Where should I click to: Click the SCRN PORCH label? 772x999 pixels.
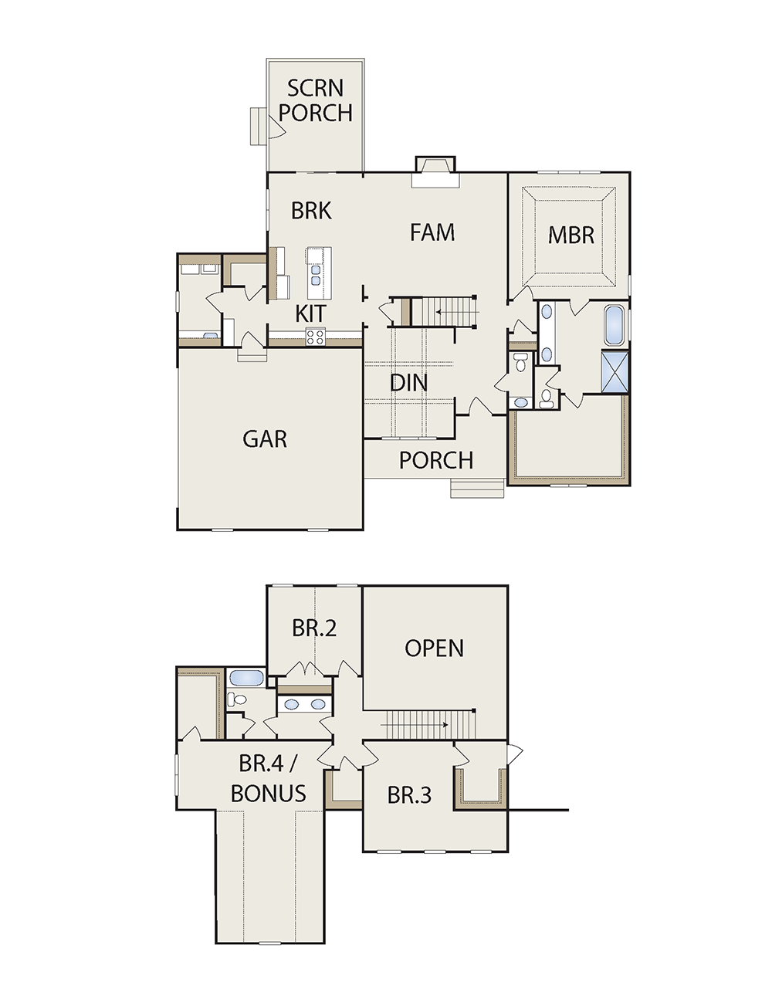[x=315, y=100]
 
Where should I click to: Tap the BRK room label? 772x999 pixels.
[x=311, y=211]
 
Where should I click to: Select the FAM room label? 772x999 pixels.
[x=432, y=232]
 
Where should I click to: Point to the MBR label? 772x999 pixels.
[x=571, y=235]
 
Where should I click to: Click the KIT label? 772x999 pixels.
[x=310, y=313]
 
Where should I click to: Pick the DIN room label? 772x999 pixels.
[x=408, y=382]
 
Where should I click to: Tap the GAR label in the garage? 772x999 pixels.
[x=265, y=439]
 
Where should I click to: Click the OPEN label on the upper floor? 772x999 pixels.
[x=434, y=648]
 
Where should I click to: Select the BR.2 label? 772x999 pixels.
[x=314, y=628]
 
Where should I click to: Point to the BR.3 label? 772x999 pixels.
[x=409, y=795]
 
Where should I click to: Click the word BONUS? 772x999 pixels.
[x=269, y=794]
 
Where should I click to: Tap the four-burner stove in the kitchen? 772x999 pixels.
[x=316, y=337]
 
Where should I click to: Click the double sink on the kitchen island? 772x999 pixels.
[x=315, y=275]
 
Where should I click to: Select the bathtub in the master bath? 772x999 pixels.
[x=614, y=326]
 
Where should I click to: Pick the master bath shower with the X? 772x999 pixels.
[x=615, y=371]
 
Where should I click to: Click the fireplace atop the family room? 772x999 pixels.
[x=435, y=172]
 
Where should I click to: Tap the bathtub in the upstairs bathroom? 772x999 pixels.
[x=247, y=678]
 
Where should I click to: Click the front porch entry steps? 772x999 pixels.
[x=478, y=488]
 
